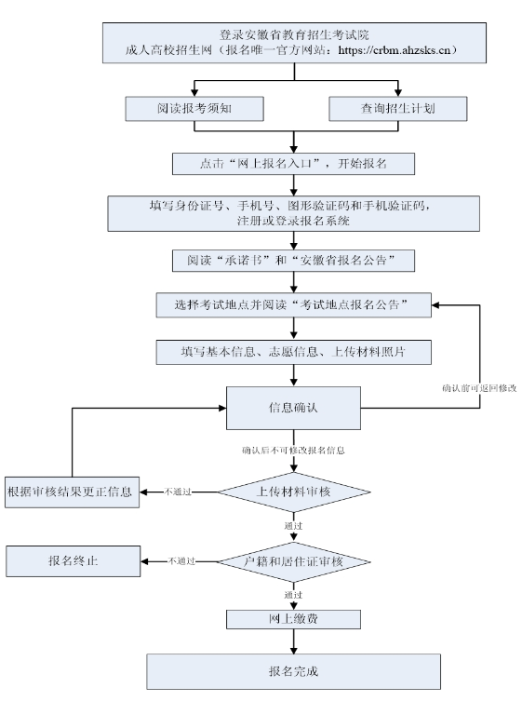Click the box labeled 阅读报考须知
194,108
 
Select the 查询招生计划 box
398,108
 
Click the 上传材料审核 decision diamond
294,491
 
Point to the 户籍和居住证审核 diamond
294,560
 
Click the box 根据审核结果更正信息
73,491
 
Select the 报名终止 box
73,560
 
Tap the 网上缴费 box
294,620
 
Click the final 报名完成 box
294,669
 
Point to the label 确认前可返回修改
478,387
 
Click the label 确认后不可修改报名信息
294,451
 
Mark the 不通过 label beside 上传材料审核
179,491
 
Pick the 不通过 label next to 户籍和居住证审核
182,560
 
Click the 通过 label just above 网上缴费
294,594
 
